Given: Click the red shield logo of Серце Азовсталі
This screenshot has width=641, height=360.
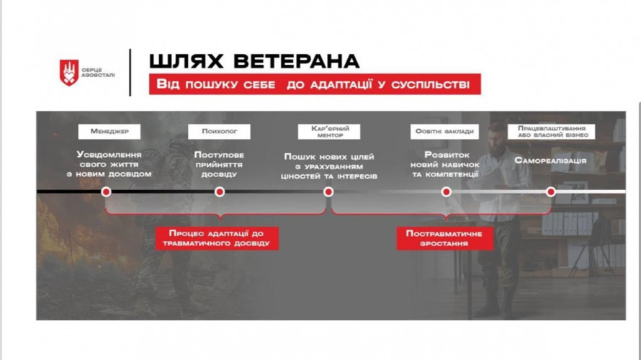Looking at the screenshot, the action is click(69, 72).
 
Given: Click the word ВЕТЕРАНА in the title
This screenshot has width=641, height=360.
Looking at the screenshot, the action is click(297, 61).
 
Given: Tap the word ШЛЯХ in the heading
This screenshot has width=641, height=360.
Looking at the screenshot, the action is click(186, 61).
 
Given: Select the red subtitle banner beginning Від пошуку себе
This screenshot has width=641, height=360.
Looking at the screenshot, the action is click(315, 84).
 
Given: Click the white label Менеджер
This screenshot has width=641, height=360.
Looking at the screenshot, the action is click(109, 132).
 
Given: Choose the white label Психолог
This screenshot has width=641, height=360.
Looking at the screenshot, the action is click(219, 132).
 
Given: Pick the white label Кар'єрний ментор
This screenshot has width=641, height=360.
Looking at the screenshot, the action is click(329, 132).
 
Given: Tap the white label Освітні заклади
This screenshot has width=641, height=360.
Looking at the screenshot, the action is click(444, 132).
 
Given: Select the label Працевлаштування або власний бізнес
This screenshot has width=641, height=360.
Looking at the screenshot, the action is click(552, 132).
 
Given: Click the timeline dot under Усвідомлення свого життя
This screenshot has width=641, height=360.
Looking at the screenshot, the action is click(107, 192).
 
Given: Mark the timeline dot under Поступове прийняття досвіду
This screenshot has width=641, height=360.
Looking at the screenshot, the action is click(220, 192).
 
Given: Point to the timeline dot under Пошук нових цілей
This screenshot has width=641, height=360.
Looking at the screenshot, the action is click(328, 192).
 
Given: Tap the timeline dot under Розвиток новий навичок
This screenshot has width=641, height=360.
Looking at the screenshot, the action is click(447, 192).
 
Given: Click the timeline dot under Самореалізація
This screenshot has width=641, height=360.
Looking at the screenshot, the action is click(551, 192).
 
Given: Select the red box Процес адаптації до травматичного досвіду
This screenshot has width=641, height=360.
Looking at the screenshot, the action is click(217, 238).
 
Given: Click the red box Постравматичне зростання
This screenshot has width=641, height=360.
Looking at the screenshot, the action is click(445, 238).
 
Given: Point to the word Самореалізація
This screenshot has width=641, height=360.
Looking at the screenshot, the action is click(550, 161).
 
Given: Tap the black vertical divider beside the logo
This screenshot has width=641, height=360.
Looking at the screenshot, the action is click(130, 73).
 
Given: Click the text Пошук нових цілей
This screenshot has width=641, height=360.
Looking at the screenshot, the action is click(329, 157).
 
